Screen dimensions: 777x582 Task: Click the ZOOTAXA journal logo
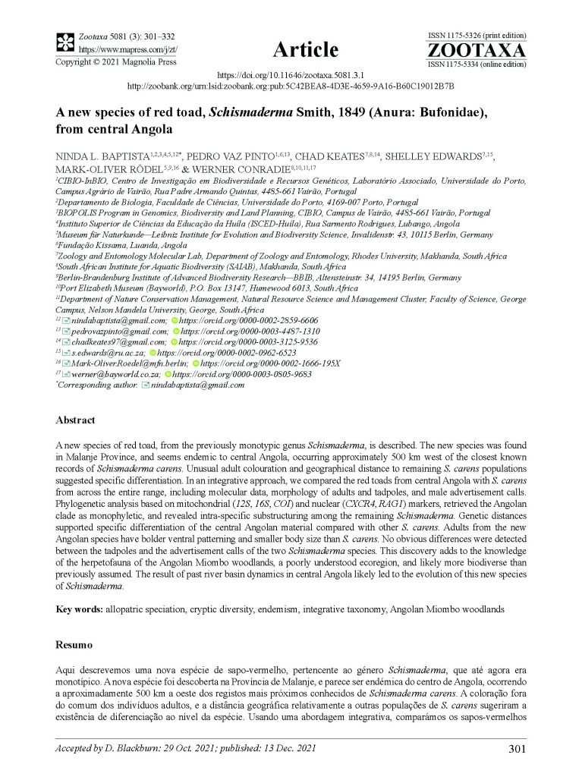pos(477,51)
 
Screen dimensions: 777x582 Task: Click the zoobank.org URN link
pos(291,87)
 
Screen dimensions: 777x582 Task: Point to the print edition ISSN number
pos(477,36)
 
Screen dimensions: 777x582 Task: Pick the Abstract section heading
pos(75,420)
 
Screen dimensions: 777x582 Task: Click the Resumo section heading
pos(74,645)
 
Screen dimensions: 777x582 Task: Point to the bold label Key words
pos(80,609)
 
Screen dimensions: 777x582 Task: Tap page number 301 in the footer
pos(517,750)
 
